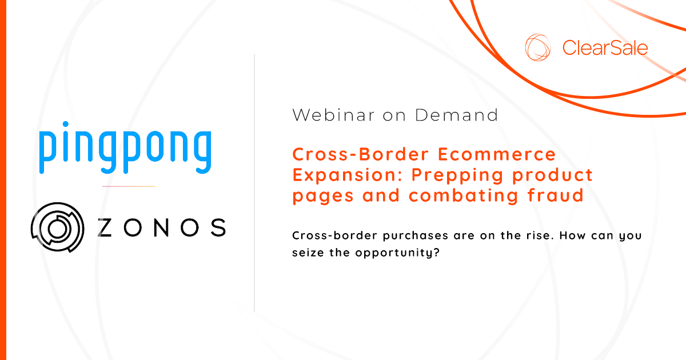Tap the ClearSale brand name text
point(605,47)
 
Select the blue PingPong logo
point(125,148)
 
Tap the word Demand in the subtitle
point(457,115)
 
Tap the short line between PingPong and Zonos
point(129,186)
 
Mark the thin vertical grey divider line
point(254,183)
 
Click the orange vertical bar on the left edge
point(3,180)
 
